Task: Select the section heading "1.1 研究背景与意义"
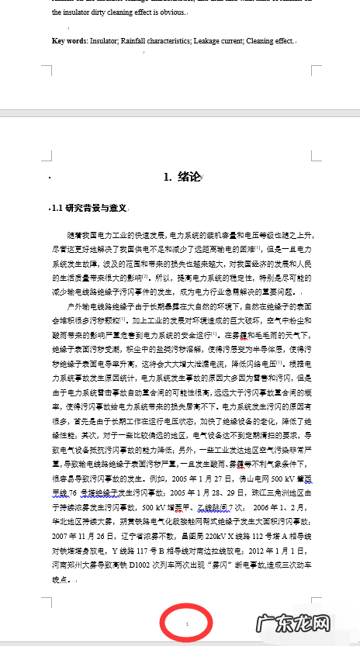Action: pyautogui.click(x=89, y=208)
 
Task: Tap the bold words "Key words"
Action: pyautogui.click(x=69, y=40)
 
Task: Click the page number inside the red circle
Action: pyautogui.click(x=187, y=624)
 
